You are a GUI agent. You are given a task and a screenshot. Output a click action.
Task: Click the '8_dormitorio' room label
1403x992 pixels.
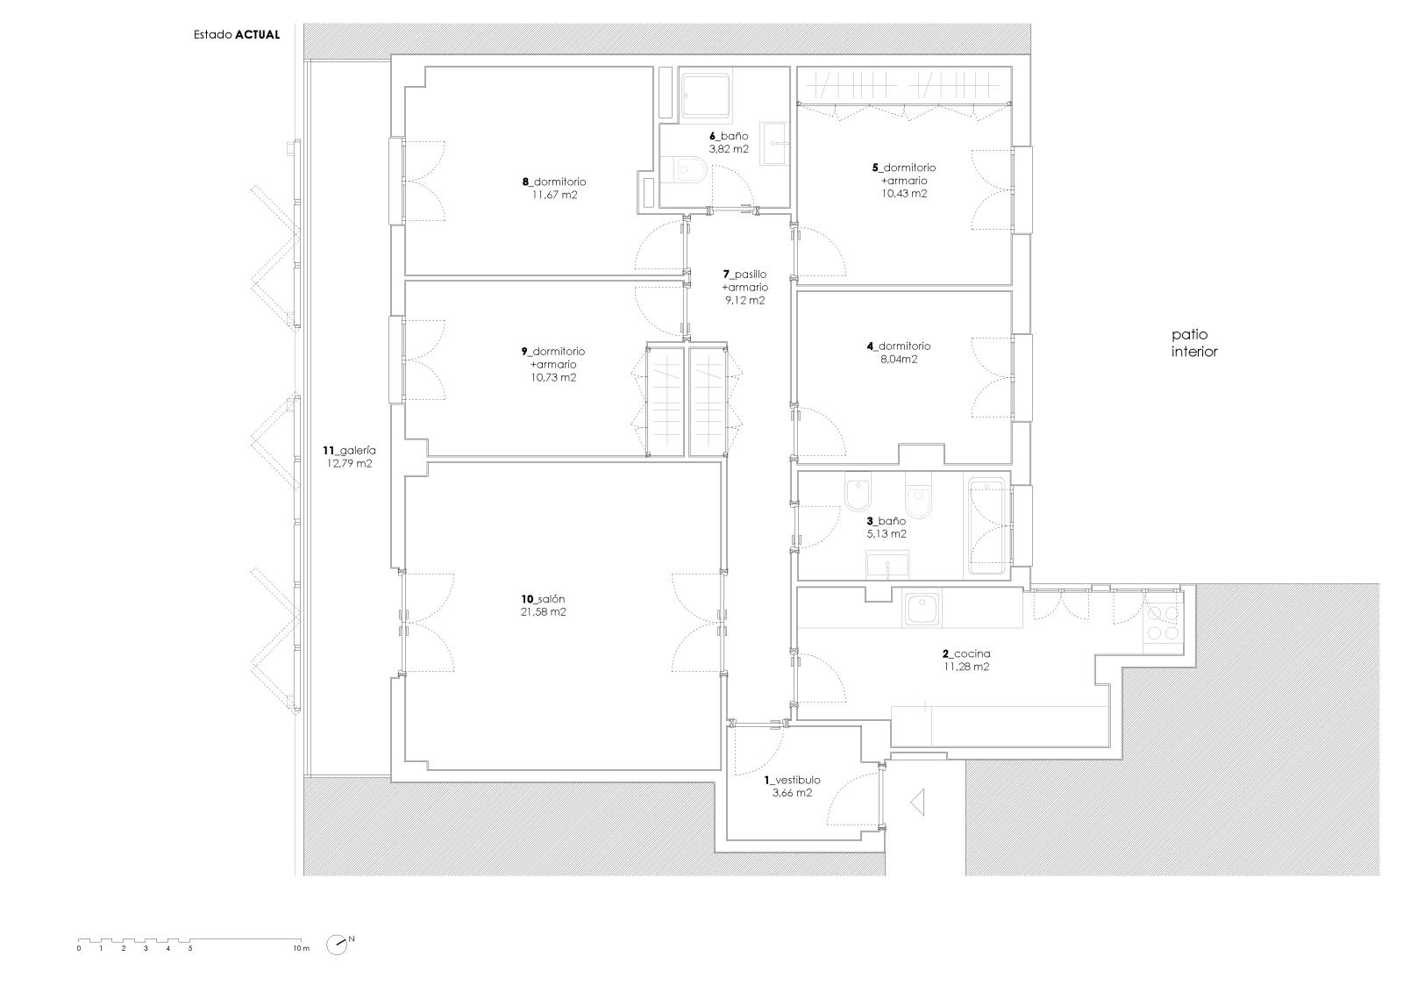click(554, 182)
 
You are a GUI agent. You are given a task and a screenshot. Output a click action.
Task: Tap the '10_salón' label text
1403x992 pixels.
click(543, 599)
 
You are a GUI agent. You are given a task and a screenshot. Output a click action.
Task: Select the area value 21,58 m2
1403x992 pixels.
click(543, 612)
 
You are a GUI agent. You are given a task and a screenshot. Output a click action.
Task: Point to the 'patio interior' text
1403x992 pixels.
click(1194, 343)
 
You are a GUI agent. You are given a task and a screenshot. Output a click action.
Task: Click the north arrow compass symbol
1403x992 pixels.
click(338, 945)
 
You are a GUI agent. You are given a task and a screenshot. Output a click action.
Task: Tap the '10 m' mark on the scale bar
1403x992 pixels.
click(302, 948)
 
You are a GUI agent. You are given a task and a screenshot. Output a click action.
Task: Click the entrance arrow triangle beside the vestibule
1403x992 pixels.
click(917, 803)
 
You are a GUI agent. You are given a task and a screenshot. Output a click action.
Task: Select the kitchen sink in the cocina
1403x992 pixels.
click(922, 610)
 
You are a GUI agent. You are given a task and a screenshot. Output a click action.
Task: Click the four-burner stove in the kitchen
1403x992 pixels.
click(1163, 622)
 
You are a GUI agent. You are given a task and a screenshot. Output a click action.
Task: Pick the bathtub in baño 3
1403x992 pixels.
click(986, 525)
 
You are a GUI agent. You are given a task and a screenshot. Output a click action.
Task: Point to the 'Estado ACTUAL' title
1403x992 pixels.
click(237, 35)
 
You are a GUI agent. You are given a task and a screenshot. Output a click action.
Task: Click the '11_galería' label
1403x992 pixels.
click(350, 451)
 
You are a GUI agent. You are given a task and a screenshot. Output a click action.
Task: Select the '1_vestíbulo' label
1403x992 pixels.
click(793, 781)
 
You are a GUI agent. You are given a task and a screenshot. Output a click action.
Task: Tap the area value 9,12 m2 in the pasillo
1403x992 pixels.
click(745, 301)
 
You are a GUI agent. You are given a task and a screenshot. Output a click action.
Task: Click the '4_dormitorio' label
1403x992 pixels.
click(899, 346)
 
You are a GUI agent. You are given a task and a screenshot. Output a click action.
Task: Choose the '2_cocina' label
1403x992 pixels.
click(966, 653)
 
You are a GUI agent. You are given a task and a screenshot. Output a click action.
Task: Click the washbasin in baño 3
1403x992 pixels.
click(887, 565)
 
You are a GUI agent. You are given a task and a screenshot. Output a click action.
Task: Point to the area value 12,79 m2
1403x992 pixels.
click(350, 464)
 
